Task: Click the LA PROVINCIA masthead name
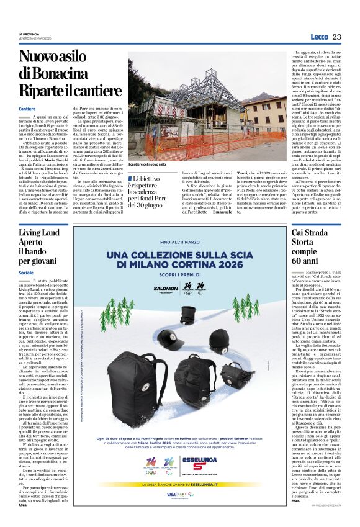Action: click(30, 34)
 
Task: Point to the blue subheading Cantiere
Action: click(27, 109)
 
